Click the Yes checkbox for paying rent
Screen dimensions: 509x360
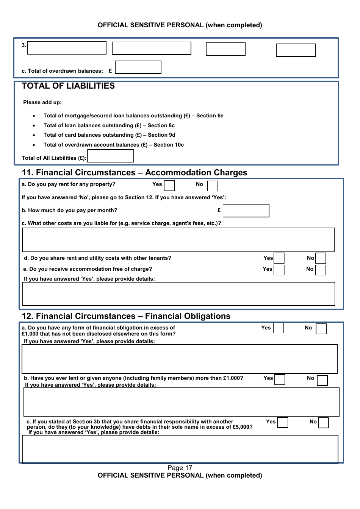[169, 186]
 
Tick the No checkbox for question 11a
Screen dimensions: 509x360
[213, 186]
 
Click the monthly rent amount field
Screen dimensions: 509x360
[246, 211]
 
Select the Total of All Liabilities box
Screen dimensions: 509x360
[110, 156]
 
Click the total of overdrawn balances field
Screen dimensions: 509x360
[138, 67]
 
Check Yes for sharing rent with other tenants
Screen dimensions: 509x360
[279, 258]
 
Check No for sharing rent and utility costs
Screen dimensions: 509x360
[321, 258]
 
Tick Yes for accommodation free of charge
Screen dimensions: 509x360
[279, 270]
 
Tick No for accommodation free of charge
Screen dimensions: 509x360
[321, 270]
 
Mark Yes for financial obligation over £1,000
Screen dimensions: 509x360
[279, 328]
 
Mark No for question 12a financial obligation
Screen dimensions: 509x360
[321, 328]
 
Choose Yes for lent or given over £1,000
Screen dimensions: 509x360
[280, 379]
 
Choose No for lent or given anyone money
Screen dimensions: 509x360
[322, 380]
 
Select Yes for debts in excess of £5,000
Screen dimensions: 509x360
[282, 422]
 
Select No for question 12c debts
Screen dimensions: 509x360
[323, 423]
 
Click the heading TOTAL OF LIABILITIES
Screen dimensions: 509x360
[68, 86]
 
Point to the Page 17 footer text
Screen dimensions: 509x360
[180, 468]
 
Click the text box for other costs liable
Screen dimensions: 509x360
[178, 240]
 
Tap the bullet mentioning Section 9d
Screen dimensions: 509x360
[109, 135]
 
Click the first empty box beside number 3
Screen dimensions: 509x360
[67, 48]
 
